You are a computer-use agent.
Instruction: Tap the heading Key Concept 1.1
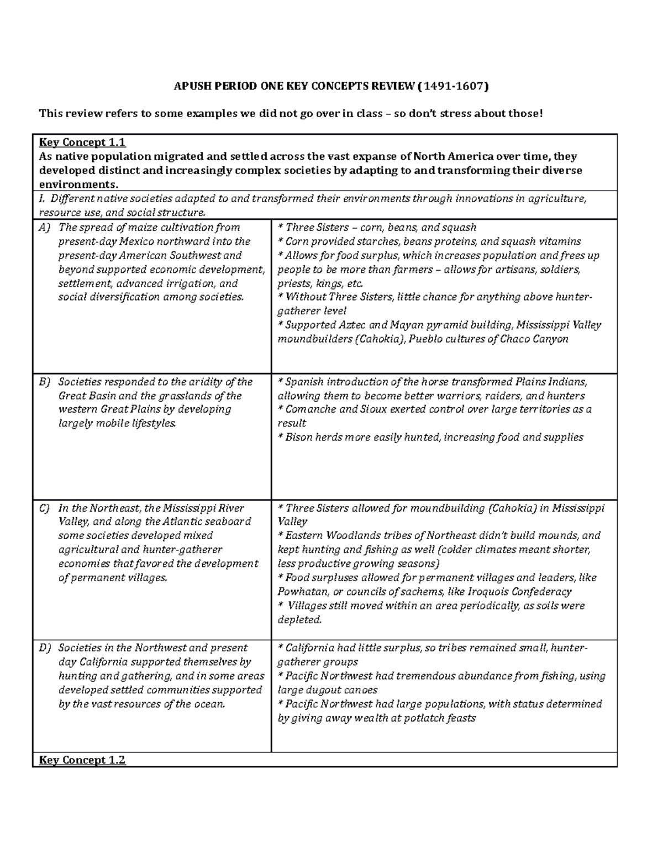[x=82, y=143]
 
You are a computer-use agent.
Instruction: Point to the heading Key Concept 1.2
[x=82, y=760]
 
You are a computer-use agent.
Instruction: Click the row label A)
[x=44, y=228]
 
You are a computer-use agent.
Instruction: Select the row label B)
[x=44, y=382]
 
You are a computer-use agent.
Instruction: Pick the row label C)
[x=44, y=508]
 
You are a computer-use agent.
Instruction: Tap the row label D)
[x=44, y=648]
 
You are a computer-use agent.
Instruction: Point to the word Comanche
[x=311, y=409]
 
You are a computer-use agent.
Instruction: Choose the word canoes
[x=360, y=690]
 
